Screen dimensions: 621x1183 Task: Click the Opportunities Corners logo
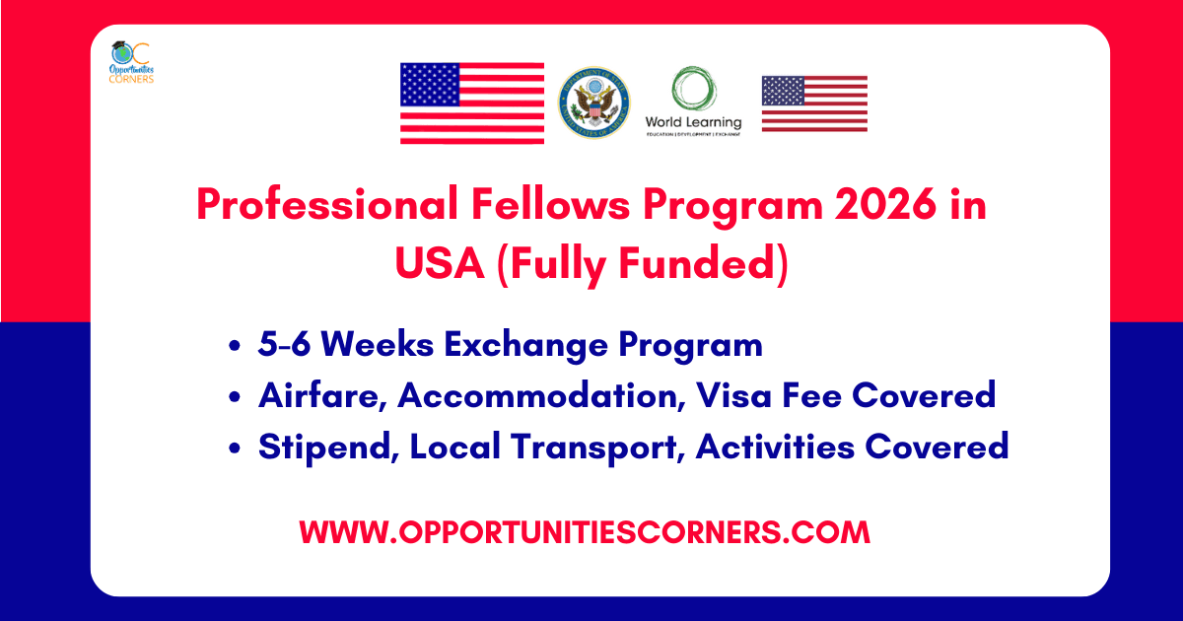(x=132, y=62)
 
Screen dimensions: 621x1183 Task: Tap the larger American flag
(x=471, y=103)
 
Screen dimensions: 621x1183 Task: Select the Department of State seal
(x=594, y=103)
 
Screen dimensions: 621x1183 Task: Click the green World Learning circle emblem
(x=693, y=90)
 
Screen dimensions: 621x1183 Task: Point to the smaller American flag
(x=814, y=103)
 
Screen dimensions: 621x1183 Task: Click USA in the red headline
(x=440, y=263)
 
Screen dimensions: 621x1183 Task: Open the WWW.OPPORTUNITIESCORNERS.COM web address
(x=586, y=532)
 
